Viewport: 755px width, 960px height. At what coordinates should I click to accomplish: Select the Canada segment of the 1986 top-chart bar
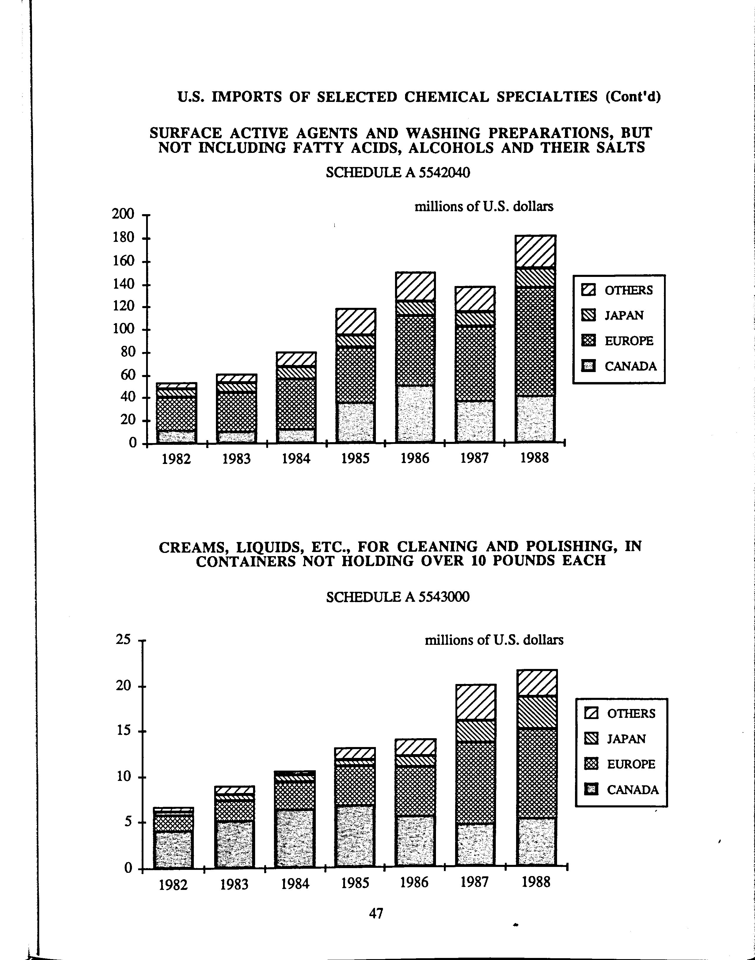tap(415, 414)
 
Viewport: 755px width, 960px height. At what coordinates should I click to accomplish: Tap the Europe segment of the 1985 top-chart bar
tap(355, 375)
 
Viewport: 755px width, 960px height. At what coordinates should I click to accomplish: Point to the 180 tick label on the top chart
tap(123, 238)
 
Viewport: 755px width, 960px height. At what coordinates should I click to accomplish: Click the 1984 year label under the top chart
tap(296, 458)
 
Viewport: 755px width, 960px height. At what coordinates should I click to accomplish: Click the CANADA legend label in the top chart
tap(630, 366)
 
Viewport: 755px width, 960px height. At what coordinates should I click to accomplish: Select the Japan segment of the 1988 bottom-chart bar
tap(536, 712)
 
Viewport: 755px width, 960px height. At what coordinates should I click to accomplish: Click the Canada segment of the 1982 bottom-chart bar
tap(173, 849)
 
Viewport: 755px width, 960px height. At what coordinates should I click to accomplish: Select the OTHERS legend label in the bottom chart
tap(631, 713)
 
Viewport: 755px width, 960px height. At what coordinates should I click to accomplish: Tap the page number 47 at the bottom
tap(376, 913)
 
